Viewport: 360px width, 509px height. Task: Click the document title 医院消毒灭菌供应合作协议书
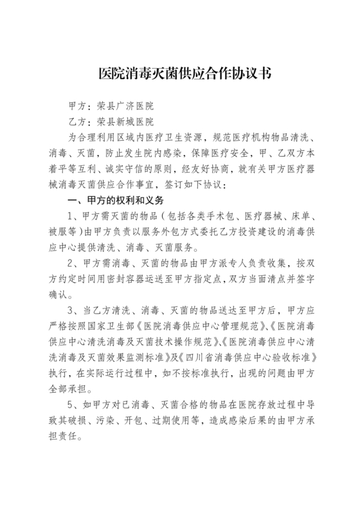pyautogui.click(x=180, y=73)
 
